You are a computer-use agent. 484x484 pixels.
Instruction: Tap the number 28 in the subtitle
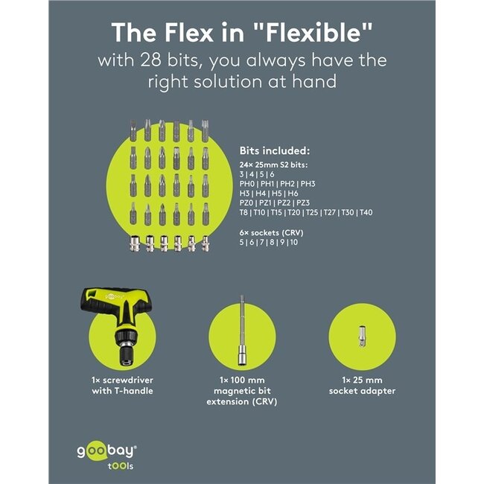pos(150,60)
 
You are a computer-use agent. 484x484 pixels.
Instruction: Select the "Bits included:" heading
pos(275,151)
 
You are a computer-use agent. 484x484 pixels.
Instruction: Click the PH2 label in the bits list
pos(287,184)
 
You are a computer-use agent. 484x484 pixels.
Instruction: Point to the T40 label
pos(366,212)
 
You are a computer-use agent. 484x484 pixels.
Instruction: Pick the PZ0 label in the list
pos(246,203)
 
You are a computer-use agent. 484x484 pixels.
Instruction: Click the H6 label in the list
pos(293,194)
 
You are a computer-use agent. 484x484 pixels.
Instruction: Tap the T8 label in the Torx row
pos(243,212)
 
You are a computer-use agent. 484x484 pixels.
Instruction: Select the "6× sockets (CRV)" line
pos(271,233)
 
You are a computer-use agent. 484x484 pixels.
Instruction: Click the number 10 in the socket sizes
pos(294,242)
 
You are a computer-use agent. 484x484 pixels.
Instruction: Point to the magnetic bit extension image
pos(242,331)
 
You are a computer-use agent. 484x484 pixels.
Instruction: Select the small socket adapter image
pos(362,337)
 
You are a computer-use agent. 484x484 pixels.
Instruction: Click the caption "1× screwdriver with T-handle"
pos(122,386)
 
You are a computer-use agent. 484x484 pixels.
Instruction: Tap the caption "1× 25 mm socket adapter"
pos(362,386)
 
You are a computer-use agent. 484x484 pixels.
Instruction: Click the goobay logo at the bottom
pos(106,451)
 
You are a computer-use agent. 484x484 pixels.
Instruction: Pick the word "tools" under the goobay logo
pos(121,466)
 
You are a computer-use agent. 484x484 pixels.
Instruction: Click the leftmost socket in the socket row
pos(135,243)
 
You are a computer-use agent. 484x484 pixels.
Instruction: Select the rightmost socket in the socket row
pos(205,243)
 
